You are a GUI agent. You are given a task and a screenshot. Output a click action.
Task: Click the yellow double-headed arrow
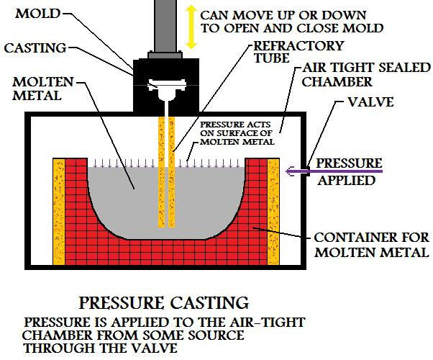[x=191, y=27]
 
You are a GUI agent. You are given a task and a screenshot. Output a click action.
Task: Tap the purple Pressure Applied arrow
[x=334, y=171]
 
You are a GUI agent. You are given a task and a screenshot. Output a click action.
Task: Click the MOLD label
[x=38, y=14]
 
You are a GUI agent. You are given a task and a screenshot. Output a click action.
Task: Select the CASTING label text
[x=35, y=48]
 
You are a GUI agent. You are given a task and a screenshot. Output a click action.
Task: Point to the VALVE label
[x=370, y=102]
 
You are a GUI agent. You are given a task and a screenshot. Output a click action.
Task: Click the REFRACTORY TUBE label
[x=298, y=52]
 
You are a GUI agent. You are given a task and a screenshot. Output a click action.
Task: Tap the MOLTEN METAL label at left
[x=43, y=89]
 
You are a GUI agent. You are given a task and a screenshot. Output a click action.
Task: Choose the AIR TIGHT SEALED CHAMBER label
[x=366, y=75]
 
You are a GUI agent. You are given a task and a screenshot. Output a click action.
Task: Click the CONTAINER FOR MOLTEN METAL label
[x=372, y=245]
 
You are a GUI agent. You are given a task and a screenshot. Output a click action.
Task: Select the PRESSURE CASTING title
[x=164, y=303]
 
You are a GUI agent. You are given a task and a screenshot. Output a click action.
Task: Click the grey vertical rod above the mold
[x=165, y=26]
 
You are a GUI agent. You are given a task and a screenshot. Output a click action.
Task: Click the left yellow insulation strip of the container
[x=59, y=212]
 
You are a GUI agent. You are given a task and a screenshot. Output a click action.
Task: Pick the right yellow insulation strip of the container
[x=273, y=212]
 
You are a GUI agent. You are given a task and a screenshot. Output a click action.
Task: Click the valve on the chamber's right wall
[x=308, y=171]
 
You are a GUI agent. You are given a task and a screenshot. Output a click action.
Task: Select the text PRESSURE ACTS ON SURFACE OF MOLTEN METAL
[x=237, y=133]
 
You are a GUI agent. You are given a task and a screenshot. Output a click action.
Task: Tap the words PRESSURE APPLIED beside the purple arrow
[x=349, y=171]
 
